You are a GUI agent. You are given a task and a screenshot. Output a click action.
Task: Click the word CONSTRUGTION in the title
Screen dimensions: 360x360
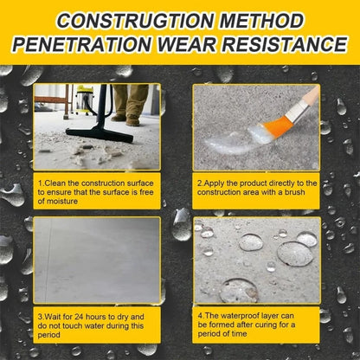[x=135, y=21]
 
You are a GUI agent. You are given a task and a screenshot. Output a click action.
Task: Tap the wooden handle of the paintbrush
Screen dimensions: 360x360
[x=312, y=94]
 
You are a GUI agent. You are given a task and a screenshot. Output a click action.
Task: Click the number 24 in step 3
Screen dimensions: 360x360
[x=79, y=317]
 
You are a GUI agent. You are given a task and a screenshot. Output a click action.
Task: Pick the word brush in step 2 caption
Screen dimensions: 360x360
[x=294, y=192]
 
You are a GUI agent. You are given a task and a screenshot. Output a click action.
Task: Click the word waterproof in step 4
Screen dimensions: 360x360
[x=241, y=316]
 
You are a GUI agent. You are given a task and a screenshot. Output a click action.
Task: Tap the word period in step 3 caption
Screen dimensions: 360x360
[x=49, y=335]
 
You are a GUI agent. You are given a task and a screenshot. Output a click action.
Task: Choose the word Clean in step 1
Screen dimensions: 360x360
[x=54, y=183]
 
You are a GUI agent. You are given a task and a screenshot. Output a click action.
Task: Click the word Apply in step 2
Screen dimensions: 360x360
[x=213, y=183]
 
